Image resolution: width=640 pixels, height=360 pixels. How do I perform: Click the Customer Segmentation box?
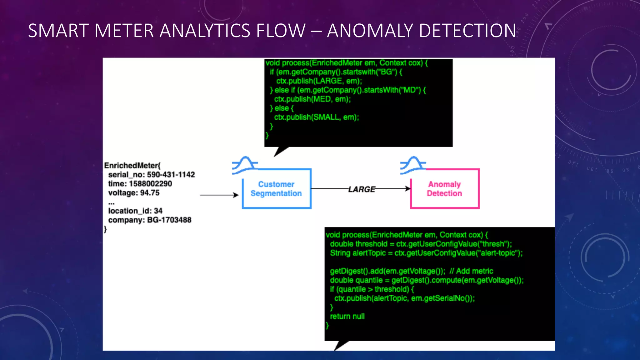277,189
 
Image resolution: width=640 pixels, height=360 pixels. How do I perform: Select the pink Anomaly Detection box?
444,189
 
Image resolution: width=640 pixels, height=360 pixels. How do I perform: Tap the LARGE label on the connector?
362,189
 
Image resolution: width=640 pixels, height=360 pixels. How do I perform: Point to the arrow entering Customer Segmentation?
219,195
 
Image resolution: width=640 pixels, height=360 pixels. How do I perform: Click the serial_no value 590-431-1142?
171,175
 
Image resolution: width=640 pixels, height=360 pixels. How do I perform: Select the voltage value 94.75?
150,193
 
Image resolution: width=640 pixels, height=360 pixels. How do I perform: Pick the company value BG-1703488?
169,220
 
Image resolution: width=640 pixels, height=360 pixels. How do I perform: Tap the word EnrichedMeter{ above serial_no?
132,166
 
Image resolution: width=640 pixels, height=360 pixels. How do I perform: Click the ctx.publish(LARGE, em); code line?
319,81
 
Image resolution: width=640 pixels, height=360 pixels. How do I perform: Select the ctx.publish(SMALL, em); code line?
316,117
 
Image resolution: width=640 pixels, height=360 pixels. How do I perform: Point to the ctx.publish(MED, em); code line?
312,99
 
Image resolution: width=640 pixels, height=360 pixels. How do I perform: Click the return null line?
347,316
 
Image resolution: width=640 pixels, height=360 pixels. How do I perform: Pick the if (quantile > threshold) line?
372,289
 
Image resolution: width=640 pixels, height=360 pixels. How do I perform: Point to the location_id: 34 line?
135,211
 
